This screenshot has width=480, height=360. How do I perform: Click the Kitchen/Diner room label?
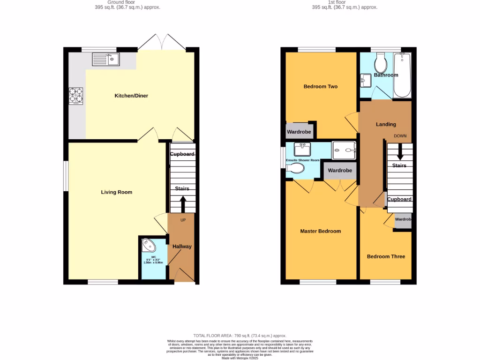coord(131,96)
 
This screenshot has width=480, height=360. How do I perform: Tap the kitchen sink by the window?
coord(105,60)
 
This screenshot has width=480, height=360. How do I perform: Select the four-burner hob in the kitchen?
coord(76,96)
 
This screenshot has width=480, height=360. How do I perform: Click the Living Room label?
coord(117,192)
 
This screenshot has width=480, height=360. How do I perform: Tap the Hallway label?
coord(182,247)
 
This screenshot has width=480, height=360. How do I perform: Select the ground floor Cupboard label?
coord(182,154)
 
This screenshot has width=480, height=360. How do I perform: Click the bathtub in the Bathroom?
coord(402,75)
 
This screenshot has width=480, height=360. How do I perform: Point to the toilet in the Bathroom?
coord(380,61)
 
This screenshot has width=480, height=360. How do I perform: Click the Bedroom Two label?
coord(320,86)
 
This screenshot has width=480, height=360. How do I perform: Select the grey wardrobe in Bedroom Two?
coord(299,132)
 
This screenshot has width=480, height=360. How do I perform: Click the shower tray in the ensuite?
coord(345,150)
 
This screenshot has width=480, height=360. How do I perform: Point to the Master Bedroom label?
coord(320,231)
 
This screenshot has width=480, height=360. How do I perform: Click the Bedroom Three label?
coord(386,256)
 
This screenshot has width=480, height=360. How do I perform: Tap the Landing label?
coord(386,124)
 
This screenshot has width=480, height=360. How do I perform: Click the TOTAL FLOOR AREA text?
coord(240,336)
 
